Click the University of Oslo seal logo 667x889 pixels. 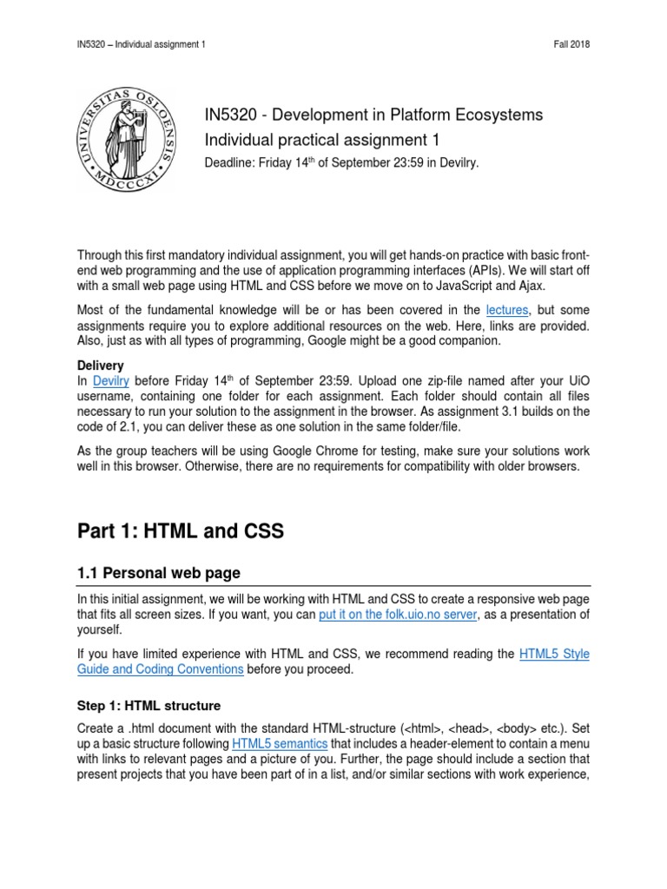tap(135, 138)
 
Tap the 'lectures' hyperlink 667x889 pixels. tap(507, 309)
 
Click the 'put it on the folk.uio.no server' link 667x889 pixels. tap(398, 615)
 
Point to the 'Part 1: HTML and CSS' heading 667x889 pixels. tap(181, 531)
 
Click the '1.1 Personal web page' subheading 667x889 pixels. tap(159, 574)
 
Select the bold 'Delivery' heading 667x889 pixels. tap(101, 365)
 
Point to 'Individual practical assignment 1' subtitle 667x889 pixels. tap(321, 139)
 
